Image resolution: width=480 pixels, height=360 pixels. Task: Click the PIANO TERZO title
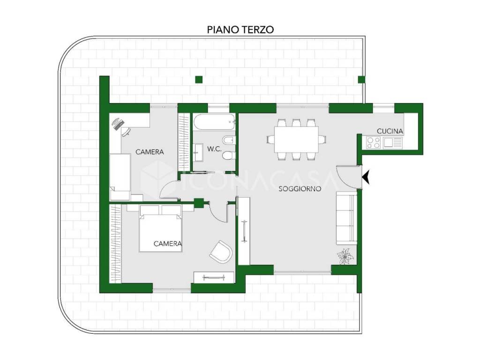pos(240,30)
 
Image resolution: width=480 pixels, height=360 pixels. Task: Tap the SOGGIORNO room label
pos(300,189)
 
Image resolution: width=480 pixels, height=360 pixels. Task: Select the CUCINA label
pos(390,131)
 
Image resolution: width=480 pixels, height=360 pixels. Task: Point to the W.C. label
pos(214,149)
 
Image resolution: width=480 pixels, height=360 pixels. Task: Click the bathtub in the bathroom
pos(214,122)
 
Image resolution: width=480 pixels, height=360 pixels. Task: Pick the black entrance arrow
pos(366,178)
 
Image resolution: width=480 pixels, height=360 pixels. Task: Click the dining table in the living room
pos(296,139)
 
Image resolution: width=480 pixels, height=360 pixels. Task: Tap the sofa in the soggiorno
pos(346,218)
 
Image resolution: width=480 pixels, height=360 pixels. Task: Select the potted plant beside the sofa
pos(345,256)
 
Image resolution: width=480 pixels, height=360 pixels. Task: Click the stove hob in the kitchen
pos(373,142)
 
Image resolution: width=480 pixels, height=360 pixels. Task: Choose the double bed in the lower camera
pos(161,228)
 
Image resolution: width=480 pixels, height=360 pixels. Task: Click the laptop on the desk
pos(118,124)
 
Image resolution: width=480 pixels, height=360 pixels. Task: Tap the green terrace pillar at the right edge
pos(361,80)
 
